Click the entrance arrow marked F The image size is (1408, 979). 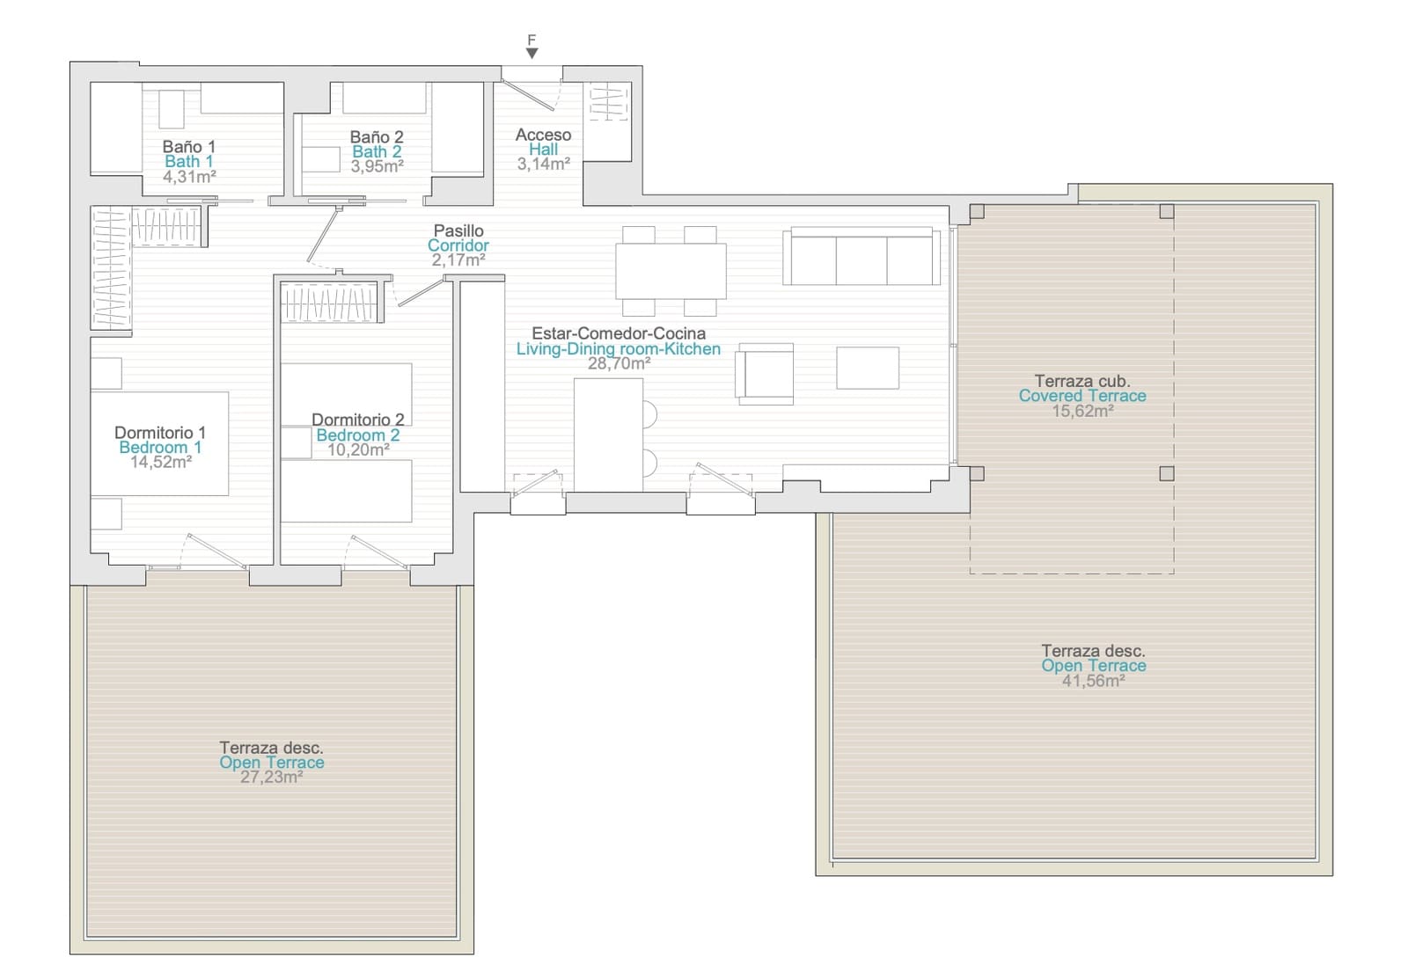532,54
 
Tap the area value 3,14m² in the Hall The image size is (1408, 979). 543,164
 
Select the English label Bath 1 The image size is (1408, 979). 188,162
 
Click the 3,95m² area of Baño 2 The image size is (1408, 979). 377,166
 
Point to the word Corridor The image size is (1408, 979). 458,245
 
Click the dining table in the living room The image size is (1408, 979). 671,271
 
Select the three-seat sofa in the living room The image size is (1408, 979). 862,256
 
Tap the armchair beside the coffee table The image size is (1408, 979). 765,374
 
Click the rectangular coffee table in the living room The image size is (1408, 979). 868,368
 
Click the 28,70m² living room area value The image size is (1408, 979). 619,364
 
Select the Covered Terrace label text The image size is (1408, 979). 1082,396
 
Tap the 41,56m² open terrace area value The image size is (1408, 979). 1093,681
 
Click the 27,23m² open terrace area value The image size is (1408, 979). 272,778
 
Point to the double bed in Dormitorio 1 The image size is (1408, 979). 159,443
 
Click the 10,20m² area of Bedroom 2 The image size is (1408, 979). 358,449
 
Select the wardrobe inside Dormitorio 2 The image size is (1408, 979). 331,303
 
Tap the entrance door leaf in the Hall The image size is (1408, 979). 528,96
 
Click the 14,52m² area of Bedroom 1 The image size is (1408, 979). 161,463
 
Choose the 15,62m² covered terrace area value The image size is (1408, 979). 1083,411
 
